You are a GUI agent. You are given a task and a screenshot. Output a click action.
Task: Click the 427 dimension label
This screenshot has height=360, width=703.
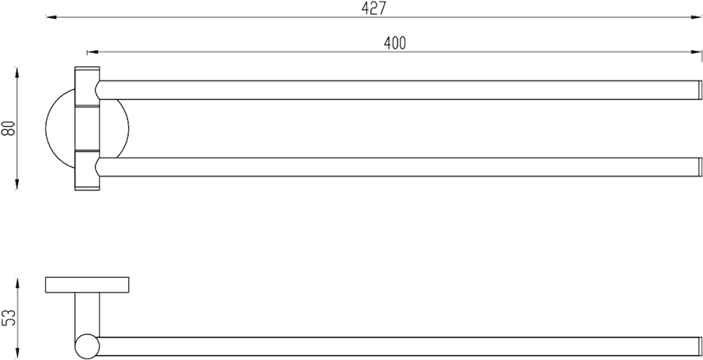pyautogui.click(x=373, y=9)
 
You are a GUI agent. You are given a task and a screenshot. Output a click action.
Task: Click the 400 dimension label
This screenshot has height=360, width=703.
pyautogui.click(x=395, y=43)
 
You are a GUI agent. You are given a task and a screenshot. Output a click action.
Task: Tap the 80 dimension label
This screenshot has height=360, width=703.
pyautogui.click(x=9, y=129)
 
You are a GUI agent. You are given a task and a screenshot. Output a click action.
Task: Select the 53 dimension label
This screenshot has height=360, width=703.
pyautogui.click(x=9, y=318)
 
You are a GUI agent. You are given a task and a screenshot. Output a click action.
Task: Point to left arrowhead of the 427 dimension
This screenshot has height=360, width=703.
pyautogui.click(x=51, y=17)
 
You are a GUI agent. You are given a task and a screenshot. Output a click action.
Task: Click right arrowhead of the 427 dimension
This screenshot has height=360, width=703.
pyautogui.click(x=697, y=17)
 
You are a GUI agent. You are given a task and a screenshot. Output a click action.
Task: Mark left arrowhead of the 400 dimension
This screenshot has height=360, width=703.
pyautogui.click(x=92, y=52)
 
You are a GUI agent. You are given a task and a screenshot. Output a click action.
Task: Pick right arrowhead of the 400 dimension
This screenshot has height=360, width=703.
pyautogui.click(x=696, y=52)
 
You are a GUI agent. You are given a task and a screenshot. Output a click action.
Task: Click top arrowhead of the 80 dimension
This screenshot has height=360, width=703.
pyautogui.click(x=16, y=72)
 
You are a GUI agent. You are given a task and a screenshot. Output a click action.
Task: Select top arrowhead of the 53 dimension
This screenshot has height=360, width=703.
pyautogui.click(x=16, y=283)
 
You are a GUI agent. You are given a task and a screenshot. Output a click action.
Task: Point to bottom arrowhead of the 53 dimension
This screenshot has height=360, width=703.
pyautogui.click(x=16, y=353)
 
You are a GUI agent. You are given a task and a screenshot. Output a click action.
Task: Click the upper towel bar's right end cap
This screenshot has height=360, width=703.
pyautogui.click(x=699, y=90)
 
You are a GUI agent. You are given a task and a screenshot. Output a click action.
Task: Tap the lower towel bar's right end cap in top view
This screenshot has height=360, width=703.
pyautogui.click(x=699, y=167)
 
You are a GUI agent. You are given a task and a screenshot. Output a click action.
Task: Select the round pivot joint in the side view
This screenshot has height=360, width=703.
pyautogui.click(x=87, y=347)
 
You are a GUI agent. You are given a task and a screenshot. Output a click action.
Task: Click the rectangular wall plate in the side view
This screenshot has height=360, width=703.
pyautogui.click(x=87, y=285)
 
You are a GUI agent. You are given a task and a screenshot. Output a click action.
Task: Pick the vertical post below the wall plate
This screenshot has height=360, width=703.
pyautogui.click(x=87, y=314)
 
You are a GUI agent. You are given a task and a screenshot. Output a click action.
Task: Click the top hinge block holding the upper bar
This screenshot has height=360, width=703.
pyautogui.click(x=87, y=86)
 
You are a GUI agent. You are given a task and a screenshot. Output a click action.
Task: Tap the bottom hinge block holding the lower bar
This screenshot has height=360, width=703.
pyautogui.click(x=87, y=171)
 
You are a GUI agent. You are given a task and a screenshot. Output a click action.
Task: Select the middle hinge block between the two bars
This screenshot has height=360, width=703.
pyautogui.click(x=87, y=128)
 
